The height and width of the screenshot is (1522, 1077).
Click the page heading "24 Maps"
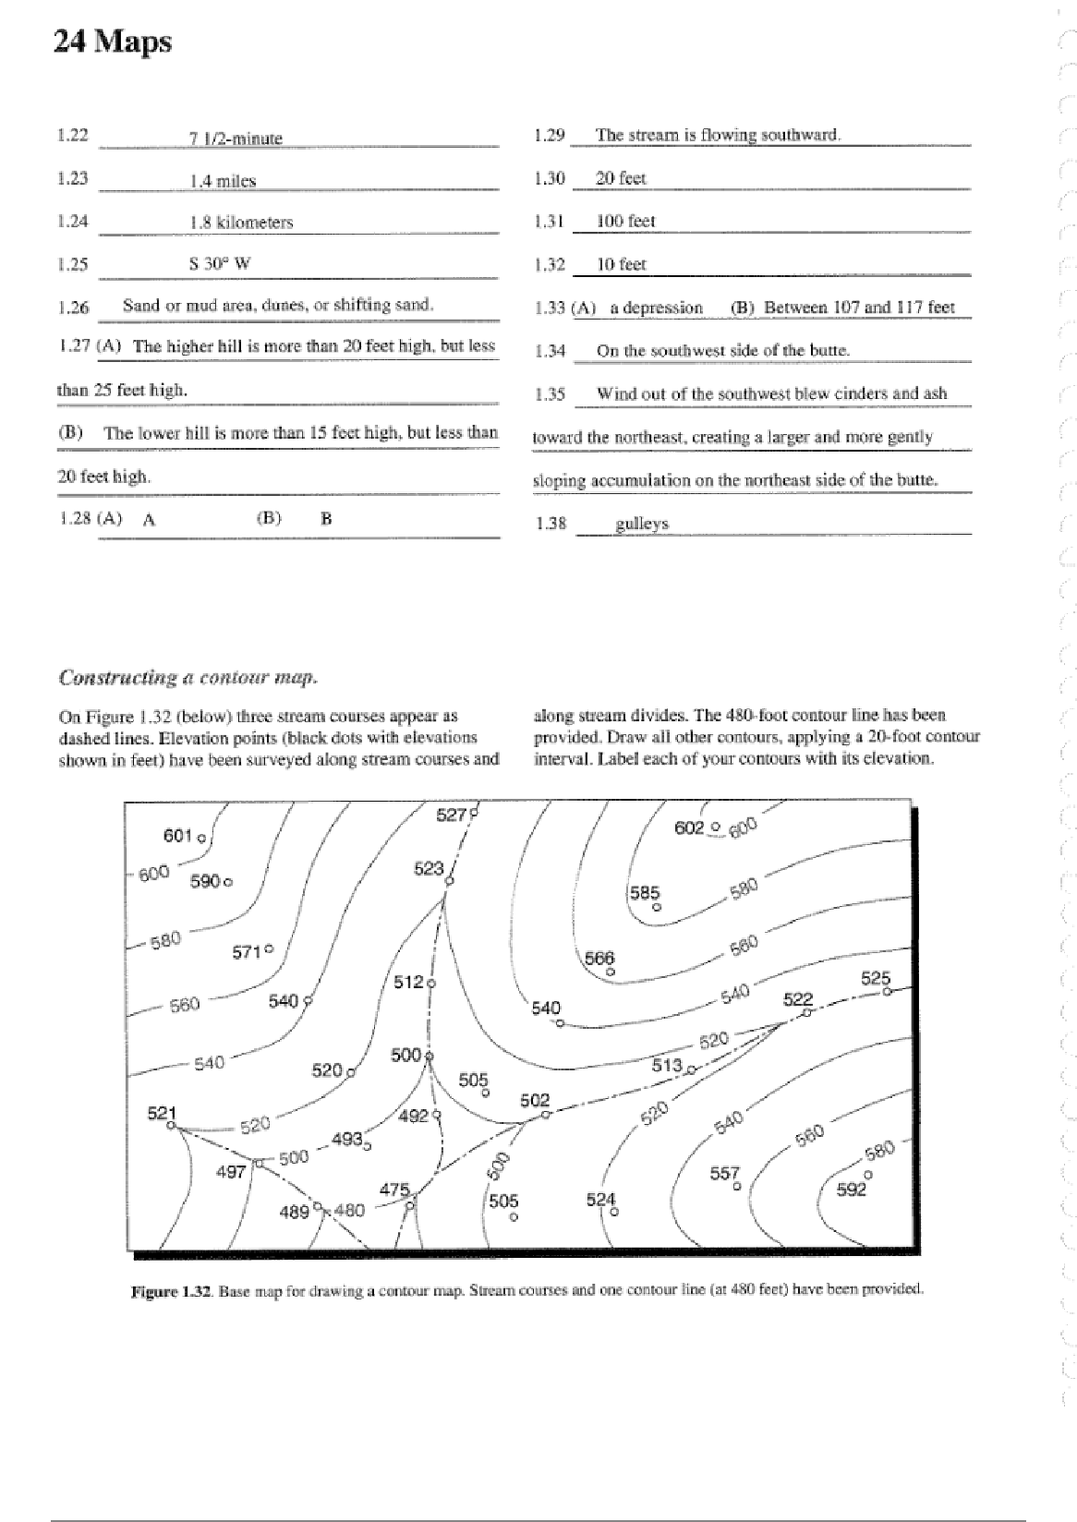[113, 42]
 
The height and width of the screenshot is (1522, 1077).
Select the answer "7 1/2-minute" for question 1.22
[236, 139]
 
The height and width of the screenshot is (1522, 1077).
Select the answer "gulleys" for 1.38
[642, 524]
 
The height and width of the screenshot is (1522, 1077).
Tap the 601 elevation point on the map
[178, 836]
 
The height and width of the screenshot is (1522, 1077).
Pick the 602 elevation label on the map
[690, 828]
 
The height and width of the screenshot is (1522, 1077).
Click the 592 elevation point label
[851, 1190]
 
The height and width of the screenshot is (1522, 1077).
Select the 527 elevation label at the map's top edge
[452, 815]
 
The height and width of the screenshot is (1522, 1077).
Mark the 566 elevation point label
[599, 959]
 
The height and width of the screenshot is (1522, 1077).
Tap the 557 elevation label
[725, 1173]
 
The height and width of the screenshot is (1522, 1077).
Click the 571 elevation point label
[248, 952]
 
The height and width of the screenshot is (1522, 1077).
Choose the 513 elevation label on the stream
[667, 1066]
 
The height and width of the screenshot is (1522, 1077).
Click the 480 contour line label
[349, 1210]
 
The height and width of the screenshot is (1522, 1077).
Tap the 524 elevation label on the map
[601, 1200]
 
